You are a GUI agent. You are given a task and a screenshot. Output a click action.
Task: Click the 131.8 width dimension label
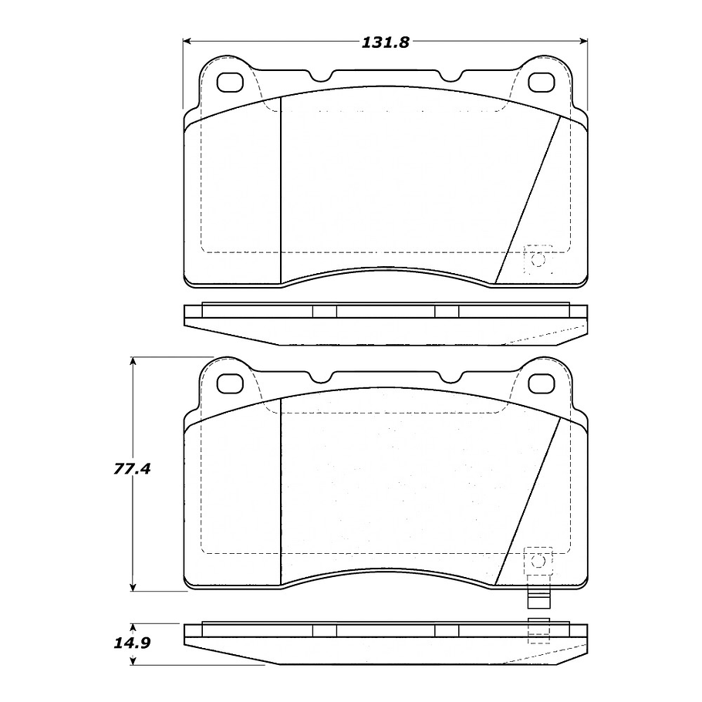coord(385,42)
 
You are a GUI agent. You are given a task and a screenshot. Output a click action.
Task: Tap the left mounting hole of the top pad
coord(230,81)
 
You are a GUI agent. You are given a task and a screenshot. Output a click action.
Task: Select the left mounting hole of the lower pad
coord(230,382)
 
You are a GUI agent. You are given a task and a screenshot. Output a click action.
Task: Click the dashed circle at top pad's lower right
coord(538,260)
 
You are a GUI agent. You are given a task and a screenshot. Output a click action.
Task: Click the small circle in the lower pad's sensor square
coord(538,560)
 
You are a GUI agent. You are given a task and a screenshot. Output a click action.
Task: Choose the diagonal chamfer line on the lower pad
coord(528,501)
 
